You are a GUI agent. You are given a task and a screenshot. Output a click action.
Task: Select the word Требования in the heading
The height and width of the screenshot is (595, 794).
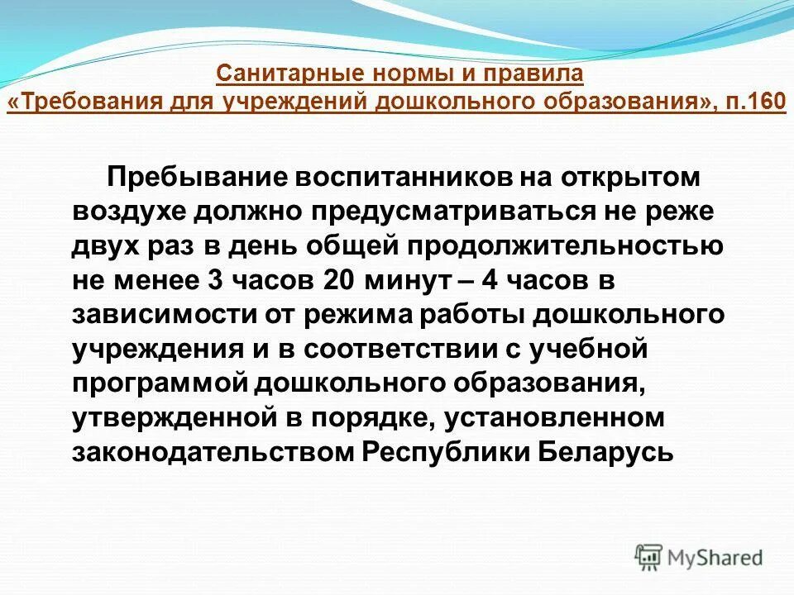[79, 102]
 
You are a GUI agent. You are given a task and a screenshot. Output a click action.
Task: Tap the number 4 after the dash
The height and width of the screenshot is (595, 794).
[490, 280]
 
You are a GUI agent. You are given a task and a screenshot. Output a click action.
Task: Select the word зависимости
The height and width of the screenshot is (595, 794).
[159, 315]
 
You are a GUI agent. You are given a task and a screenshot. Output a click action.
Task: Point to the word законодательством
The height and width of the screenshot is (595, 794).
[213, 454]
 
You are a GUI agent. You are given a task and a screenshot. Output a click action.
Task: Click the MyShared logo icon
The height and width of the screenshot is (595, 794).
[649, 557]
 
